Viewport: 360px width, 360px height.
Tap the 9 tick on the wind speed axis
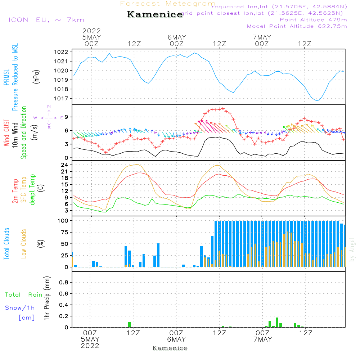tap(67, 117)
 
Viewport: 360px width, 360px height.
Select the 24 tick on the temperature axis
tap(65, 165)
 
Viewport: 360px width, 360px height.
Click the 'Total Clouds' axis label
tap(6, 243)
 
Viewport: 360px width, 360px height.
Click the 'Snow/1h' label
tap(20, 308)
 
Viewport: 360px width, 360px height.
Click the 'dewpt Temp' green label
tap(32, 190)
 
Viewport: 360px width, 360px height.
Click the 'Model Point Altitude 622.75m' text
tap(297, 26)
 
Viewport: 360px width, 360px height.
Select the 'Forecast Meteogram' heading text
tap(168, 4)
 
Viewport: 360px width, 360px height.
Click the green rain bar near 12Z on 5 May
tap(130, 324)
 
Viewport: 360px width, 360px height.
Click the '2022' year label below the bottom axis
tap(90, 346)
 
